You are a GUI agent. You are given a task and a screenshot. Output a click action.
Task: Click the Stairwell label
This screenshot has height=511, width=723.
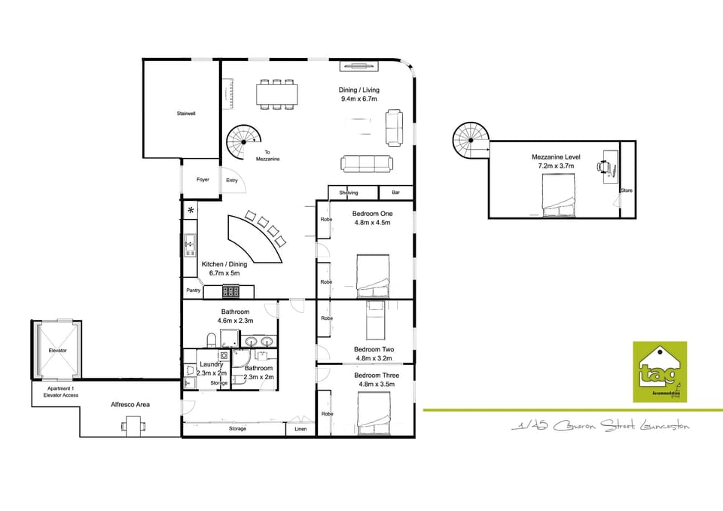tap(186, 114)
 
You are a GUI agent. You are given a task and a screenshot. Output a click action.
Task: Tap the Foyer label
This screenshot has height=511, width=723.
tap(203, 180)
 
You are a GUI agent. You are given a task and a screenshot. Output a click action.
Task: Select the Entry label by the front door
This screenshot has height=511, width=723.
tap(232, 181)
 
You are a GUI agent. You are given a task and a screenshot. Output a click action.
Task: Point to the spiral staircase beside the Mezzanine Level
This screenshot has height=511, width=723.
tap(470, 141)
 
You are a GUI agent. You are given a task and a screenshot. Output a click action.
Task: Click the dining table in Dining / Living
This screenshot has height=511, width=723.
tap(276, 94)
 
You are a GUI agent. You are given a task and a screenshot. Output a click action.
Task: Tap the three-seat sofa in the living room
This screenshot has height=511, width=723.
tap(366, 163)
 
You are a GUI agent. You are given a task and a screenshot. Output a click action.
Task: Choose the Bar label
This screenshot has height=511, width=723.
tap(396, 193)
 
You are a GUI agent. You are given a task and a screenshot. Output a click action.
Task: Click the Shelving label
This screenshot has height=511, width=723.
tap(349, 193)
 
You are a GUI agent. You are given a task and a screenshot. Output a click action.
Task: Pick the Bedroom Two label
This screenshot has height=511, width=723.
tap(374, 349)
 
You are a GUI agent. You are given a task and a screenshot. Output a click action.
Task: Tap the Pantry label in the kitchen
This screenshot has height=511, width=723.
tap(193, 290)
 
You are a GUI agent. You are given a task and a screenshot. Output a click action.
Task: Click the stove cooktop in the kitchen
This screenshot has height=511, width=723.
tap(231, 292)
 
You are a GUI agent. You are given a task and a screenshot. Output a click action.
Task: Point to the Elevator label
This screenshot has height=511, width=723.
tap(58, 351)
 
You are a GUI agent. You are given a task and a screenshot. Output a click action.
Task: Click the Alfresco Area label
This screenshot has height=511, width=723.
tap(130, 405)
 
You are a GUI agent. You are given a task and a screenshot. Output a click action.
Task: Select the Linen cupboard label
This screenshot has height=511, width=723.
tap(300, 429)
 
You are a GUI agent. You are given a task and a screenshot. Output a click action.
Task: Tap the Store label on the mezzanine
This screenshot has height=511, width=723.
tap(627, 190)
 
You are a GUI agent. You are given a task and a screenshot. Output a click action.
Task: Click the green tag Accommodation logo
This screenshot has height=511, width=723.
tap(659, 371)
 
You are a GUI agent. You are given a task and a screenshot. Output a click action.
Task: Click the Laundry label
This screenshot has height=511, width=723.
tap(211, 364)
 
